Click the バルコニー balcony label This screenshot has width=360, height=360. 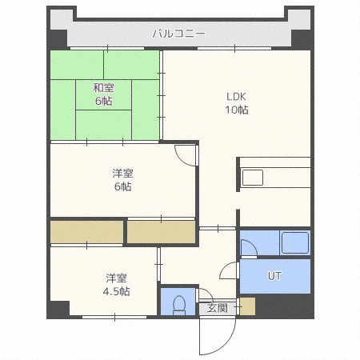pos(179,34)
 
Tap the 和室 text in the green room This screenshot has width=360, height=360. pos(102,88)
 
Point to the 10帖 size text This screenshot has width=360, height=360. pos(236,110)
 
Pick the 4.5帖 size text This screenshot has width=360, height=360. pos(117,291)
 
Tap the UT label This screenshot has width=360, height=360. pos(274,277)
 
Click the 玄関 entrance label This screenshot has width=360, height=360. pos(218,307)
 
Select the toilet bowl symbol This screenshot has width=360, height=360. pos(179,305)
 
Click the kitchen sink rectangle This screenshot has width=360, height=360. pos(253,178)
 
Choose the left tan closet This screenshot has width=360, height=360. pos(86,232)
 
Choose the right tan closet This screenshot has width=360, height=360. pos(162,232)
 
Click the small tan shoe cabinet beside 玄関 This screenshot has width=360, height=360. pos(246,306)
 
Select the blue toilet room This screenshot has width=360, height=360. pos(178,301)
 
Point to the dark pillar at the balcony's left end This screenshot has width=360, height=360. pos(58,38)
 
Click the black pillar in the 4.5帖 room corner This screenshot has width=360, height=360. pos(58,308)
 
